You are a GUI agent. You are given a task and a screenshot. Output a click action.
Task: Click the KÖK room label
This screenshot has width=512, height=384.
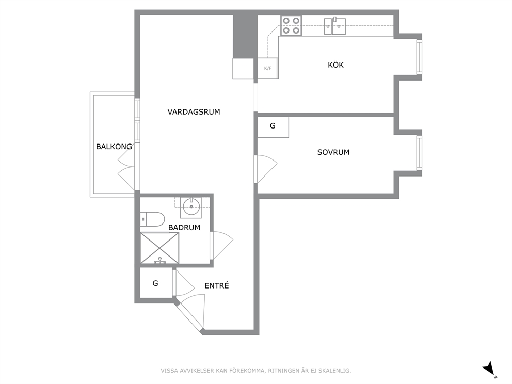pyautogui.click(x=335, y=65)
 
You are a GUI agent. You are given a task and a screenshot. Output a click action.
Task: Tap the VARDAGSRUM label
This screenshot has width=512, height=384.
pyautogui.click(x=194, y=112)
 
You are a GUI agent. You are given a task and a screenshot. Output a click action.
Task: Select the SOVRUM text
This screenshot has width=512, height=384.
pyautogui.click(x=333, y=152)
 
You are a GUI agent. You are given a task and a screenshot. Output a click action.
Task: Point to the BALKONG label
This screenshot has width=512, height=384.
pyautogui.click(x=114, y=147)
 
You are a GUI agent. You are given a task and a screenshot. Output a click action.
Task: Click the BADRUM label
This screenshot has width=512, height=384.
pyautogui.click(x=184, y=228)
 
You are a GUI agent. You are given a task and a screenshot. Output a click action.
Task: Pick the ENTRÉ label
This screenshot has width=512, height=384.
pyautogui.click(x=216, y=286)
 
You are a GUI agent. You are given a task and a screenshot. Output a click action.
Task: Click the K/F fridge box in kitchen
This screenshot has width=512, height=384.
pyautogui.click(x=268, y=68)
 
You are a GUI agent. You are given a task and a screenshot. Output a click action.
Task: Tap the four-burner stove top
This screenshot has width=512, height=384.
pyautogui.click(x=291, y=25)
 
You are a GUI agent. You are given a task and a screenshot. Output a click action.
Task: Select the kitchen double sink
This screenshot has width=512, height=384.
pyautogui.click(x=335, y=26)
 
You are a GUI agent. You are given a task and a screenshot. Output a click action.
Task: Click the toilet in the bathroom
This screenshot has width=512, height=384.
pyautogui.click(x=152, y=219)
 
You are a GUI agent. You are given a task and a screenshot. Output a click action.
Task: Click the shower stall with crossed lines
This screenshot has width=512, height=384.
pyautogui.click(x=159, y=248)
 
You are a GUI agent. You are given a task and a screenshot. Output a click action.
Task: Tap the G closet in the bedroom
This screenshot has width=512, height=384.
pyautogui.click(x=273, y=127)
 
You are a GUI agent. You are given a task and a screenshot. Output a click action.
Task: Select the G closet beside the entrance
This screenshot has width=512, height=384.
pyautogui.click(x=156, y=283)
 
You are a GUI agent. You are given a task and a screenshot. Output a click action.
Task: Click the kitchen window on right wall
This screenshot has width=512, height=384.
pyautogui.click(x=419, y=57)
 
